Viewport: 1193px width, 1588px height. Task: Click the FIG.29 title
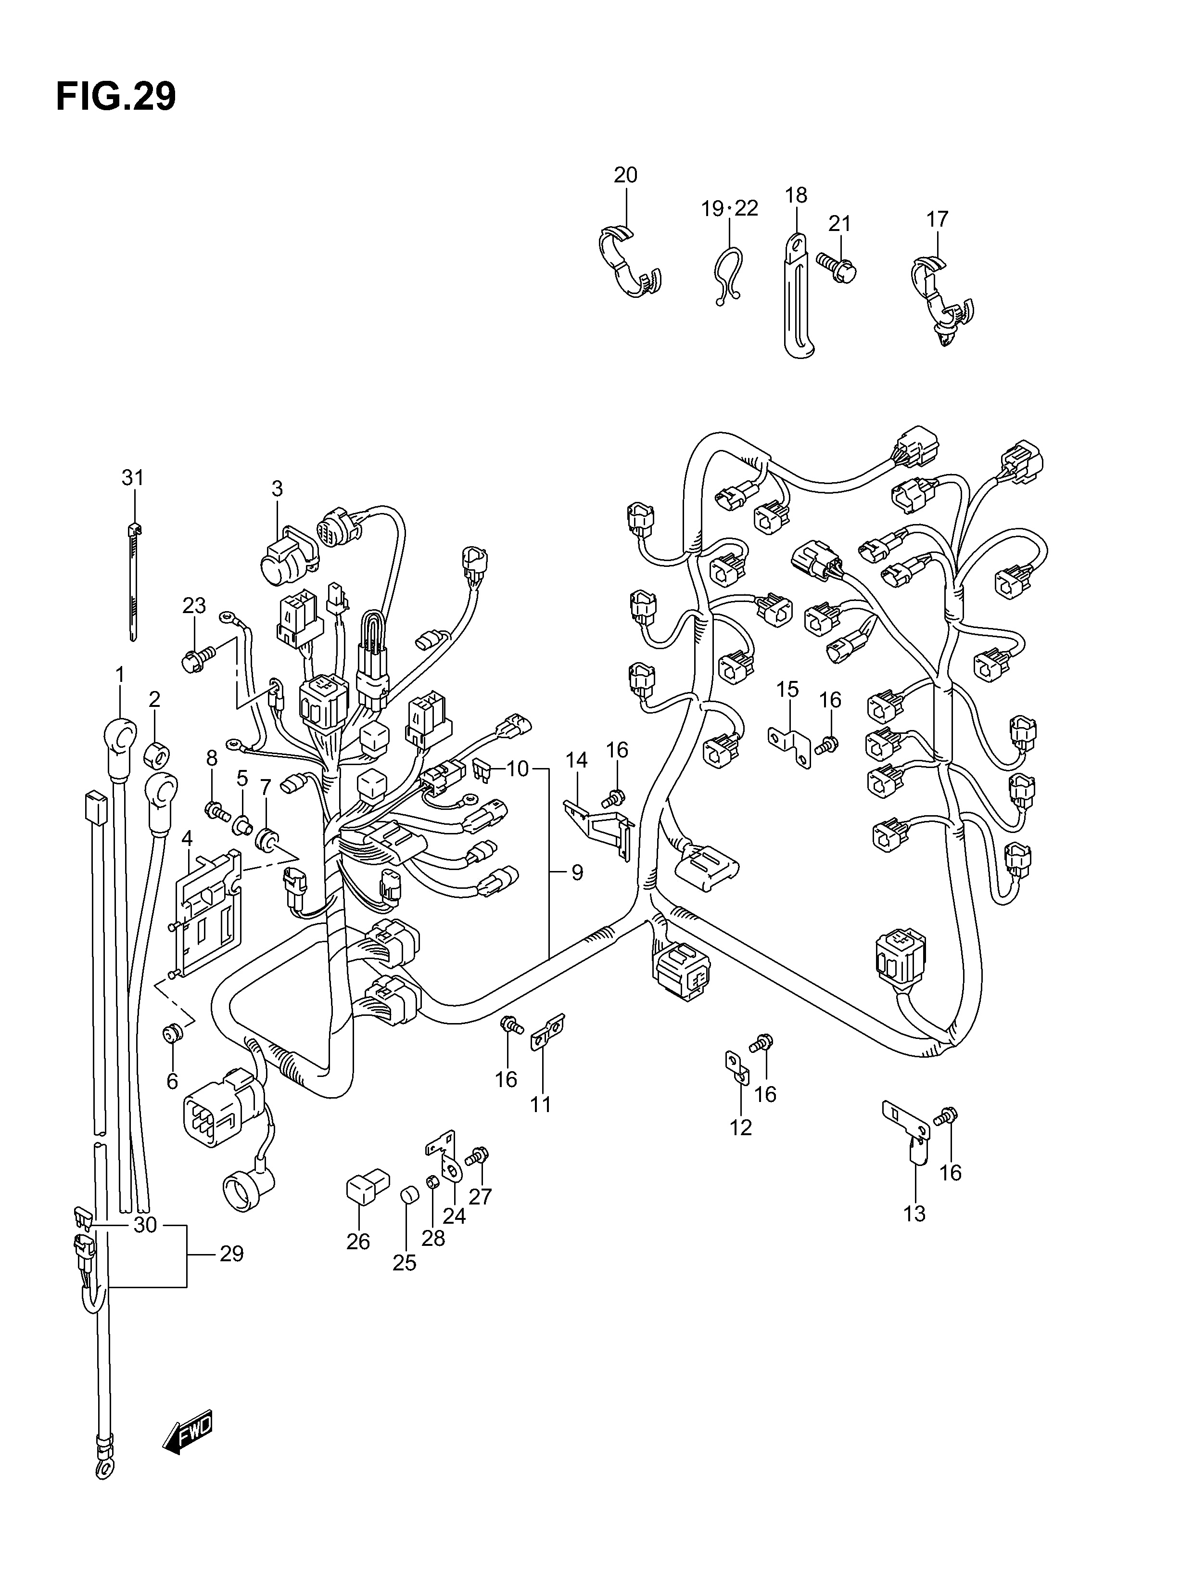pos(115,97)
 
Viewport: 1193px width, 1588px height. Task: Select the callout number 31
pos(132,477)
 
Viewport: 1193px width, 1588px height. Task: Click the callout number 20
pos(625,175)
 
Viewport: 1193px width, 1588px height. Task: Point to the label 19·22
pos(729,208)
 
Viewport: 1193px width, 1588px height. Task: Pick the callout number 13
pos(914,1214)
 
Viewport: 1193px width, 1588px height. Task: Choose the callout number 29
pos(231,1254)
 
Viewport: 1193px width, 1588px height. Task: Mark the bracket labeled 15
pos(795,744)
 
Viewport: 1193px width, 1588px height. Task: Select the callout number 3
pos(277,489)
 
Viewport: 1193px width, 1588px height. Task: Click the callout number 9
pos(576,873)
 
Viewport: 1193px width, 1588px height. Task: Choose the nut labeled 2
pos(157,753)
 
